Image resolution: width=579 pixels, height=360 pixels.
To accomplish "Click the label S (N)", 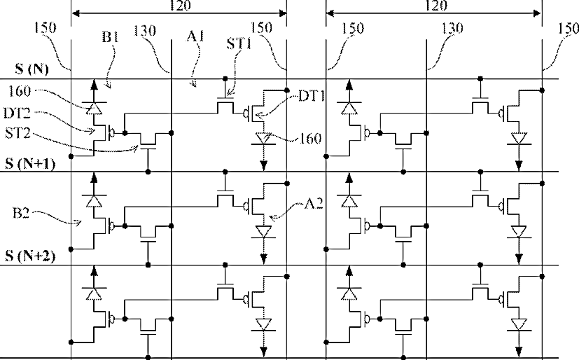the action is tap(32, 69).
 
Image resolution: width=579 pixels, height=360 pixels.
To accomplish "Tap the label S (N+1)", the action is tap(30, 163).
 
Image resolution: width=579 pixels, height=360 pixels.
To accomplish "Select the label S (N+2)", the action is tap(30, 256).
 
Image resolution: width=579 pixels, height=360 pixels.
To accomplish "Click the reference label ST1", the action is tap(239, 43).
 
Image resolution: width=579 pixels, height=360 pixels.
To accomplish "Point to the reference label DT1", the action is tap(312, 96).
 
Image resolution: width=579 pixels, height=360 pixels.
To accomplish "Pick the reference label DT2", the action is tap(17, 113).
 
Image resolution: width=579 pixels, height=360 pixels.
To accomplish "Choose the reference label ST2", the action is tap(18, 132).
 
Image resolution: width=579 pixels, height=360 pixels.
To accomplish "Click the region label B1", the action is tap(111, 36).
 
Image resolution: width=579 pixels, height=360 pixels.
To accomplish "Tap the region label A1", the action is tap(195, 36).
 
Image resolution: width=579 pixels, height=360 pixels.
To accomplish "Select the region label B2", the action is tap(21, 213).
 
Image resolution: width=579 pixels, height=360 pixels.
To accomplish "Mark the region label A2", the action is tap(314, 203).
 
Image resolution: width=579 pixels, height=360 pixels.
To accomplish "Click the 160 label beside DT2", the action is tap(19, 91).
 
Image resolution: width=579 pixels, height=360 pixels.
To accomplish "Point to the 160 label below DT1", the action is tap(310, 139).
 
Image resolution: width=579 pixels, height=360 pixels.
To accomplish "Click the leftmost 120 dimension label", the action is tap(180, 5).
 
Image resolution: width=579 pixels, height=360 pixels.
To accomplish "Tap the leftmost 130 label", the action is tap(144, 31).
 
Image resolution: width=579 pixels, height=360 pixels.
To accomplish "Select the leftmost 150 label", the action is tap(45, 28).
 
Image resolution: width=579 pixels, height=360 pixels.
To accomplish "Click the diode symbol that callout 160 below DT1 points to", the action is tap(263, 139).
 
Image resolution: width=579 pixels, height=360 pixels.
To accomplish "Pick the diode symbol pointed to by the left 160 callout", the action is tap(94, 108).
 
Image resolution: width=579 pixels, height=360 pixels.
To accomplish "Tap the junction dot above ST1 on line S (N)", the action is tap(225, 78).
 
